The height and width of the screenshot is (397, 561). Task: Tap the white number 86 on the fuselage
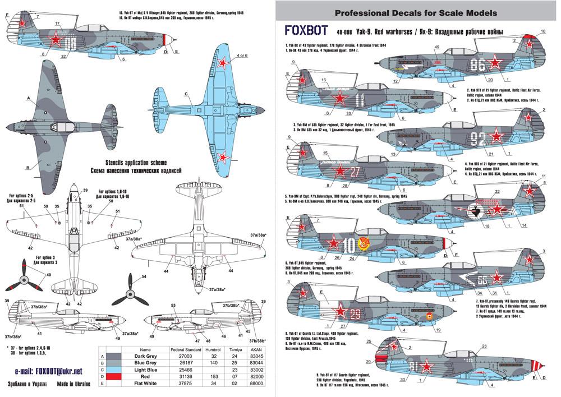click(x=479, y=65)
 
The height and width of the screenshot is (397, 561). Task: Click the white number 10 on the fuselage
click(x=348, y=244)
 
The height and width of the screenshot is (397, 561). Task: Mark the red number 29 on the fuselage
click(x=355, y=313)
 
